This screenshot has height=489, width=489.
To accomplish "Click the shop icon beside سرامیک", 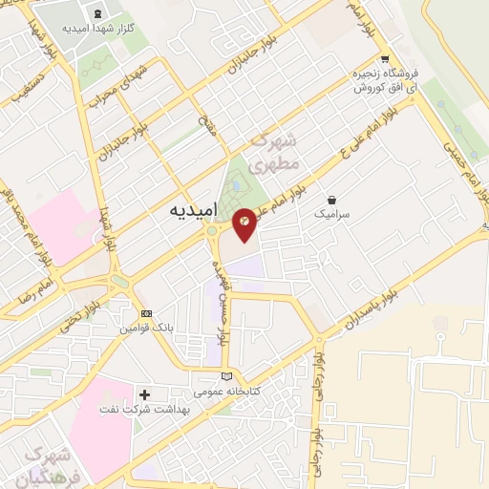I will click(331, 200).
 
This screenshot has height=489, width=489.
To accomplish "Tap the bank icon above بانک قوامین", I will click(145, 313).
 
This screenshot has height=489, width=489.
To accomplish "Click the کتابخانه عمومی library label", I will click(223, 392).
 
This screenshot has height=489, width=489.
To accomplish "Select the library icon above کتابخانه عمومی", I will click(225, 375).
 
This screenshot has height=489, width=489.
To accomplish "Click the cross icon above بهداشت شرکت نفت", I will click(145, 394).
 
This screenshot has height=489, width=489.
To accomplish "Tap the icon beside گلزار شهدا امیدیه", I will click(99, 12).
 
